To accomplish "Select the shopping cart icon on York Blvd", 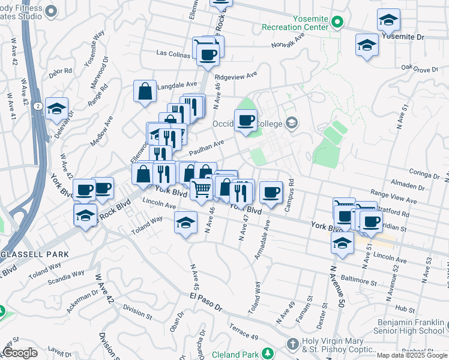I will point(201,189).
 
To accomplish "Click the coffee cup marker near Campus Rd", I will point(271,192).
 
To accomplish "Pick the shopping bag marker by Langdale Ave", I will point(145,92).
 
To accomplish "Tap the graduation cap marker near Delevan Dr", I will point(56,109).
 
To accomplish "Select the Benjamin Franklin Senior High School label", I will point(408,326).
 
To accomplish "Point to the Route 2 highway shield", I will point(38,106).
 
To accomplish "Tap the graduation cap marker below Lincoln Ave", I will point(186,223).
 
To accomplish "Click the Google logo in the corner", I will point(20,353).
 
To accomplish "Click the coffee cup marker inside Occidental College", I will point(246,121).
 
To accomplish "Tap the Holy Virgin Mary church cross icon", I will point(292,345).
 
